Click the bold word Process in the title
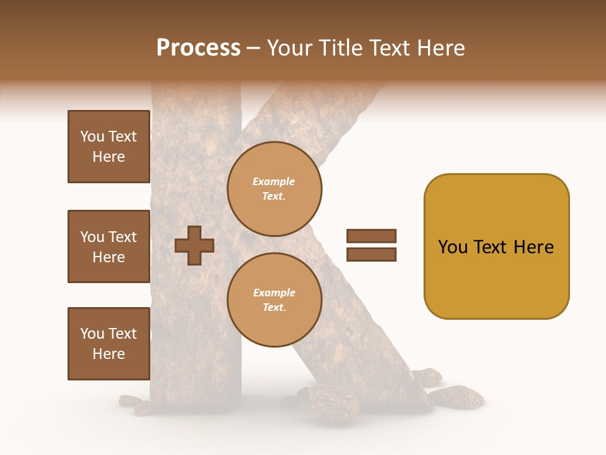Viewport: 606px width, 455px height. pyautogui.click(x=198, y=48)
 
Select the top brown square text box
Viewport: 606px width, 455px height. pyautogui.click(x=109, y=147)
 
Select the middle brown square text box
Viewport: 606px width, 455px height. pyautogui.click(x=109, y=246)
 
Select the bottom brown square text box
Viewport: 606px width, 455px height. pyautogui.click(x=109, y=344)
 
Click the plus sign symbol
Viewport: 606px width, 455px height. pyautogui.click(x=194, y=245)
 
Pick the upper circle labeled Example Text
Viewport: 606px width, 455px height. pyautogui.click(x=275, y=189)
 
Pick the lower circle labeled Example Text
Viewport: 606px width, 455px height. pyautogui.click(x=275, y=300)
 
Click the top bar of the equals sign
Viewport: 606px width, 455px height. pyautogui.click(x=371, y=236)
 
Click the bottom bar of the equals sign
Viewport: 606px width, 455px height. pyautogui.click(x=371, y=255)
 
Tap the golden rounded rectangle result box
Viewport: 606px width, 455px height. pyautogui.click(x=496, y=278)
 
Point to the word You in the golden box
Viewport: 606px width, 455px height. pyautogui.click(x=453, y=247)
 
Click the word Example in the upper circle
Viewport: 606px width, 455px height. pyautogui.click(x=274, y=181)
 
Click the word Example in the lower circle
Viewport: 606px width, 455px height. pyautogui.click(x=274, y=293)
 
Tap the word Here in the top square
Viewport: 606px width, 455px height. pyautogui.click(x=109, y=157)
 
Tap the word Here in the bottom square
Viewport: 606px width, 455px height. pyautogui.click(x=109, y=354)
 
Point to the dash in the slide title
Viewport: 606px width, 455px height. pyautogui.click(x=254, y=49)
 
